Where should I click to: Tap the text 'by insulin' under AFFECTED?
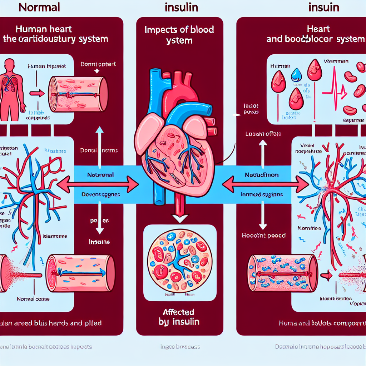179,322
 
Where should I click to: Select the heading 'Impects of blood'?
179,30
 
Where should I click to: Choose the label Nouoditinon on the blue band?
262,175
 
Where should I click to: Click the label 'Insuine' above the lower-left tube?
99,242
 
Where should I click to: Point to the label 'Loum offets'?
263,134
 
